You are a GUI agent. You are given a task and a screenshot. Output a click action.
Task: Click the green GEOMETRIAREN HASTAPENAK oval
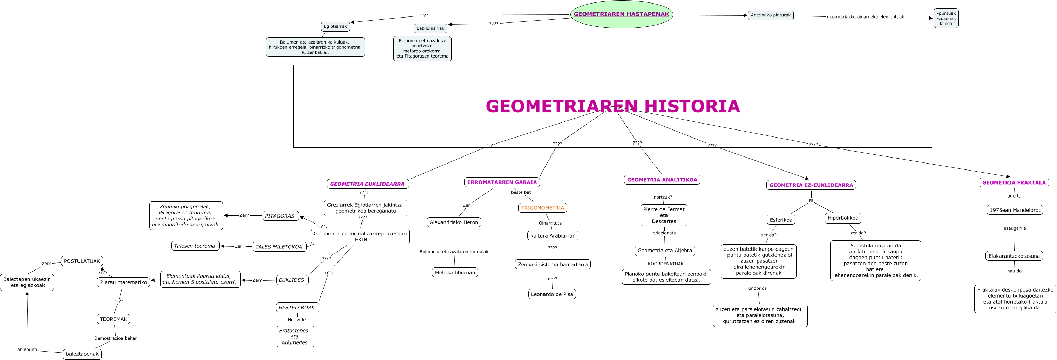[x=621, y=14]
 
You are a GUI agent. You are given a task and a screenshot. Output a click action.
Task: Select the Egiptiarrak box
[x=335, y=26]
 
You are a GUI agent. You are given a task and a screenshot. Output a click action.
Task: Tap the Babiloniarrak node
[x=430, y=28]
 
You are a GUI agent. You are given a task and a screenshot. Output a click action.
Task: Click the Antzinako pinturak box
[x=771, y=15]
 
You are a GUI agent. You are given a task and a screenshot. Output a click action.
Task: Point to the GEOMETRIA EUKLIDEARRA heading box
[x=367, y=184]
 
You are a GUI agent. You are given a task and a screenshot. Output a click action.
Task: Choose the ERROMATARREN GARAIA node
[x=502, y=182]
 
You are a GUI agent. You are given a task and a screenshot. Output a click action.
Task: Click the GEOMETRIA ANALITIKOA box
[x=662, y=180]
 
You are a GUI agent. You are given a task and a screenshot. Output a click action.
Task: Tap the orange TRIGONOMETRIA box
[x=542, y=208]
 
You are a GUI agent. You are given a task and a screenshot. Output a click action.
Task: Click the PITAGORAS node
[x=280, y=216]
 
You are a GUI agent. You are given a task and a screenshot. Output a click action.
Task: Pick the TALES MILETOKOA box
[x=279, y=247]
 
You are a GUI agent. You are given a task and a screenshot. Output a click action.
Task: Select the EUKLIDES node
[x=291, y=280]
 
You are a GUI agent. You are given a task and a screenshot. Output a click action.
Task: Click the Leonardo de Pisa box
[x=552, y=294]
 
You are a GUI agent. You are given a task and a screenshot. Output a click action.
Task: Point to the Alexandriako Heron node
[x=454, y=222]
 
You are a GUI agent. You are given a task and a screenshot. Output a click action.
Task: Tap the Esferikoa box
[x=781, y=220]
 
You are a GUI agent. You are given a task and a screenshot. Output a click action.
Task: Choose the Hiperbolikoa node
[x=843, y=218]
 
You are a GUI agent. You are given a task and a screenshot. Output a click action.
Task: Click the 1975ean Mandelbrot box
[x=1015, y=210]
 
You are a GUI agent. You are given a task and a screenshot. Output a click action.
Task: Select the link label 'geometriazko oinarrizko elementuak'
[x=865, y=17]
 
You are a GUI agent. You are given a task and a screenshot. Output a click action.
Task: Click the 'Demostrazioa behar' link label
[x=115, y=338]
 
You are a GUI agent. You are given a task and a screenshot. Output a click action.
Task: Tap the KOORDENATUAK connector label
[x=665, y=264]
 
